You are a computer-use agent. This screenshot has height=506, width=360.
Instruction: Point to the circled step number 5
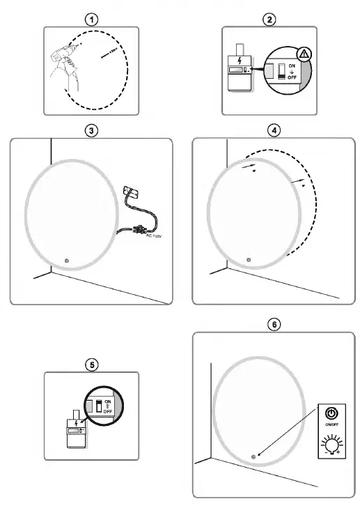[x=92, y=365]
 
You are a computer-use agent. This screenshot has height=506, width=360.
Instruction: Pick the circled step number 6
[x=275, y=325]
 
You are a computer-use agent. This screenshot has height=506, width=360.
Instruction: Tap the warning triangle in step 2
[x=304, y=54]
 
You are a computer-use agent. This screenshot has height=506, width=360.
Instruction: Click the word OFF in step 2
[x=292, y=77]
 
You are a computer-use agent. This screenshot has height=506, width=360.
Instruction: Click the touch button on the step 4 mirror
[x=249, y=261]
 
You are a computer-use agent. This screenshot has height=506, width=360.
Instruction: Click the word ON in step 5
[x=107, y=401]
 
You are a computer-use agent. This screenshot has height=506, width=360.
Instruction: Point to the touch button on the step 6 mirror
[x=253, y=457]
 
